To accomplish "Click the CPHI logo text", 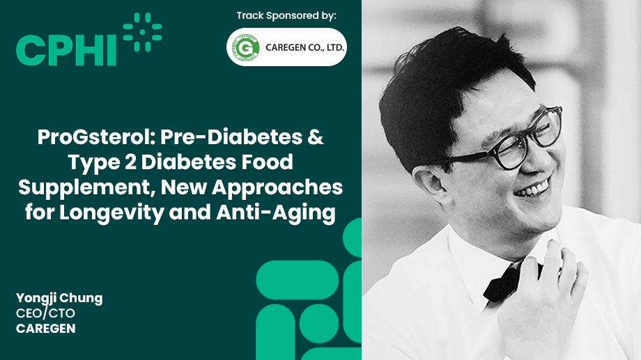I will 66,49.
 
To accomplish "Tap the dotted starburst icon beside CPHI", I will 142,32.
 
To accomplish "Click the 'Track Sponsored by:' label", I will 286,15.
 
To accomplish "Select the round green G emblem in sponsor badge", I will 245,47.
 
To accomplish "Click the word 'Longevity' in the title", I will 123,212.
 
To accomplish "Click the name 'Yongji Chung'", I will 59,298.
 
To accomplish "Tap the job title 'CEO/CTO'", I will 45,313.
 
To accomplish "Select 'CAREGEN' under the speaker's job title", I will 46,328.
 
